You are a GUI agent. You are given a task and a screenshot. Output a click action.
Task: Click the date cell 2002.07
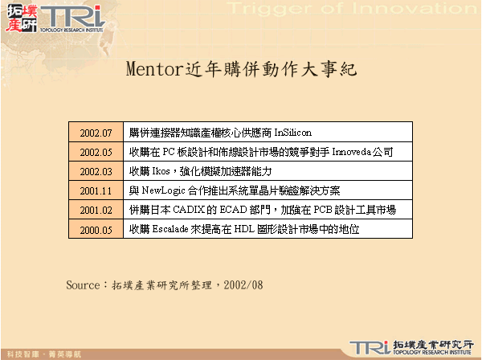click(96, 132)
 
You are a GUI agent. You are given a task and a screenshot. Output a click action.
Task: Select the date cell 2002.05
click(96, 152)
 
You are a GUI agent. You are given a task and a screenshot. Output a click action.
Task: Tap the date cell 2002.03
click(96, 171)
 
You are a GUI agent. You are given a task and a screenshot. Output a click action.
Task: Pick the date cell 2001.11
click(96, 190)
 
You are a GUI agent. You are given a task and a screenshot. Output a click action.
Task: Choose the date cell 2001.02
click(96, 210)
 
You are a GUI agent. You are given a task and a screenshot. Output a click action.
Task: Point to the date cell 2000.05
click(96, 229)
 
